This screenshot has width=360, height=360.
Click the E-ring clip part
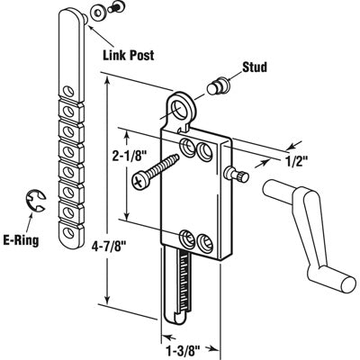click(35, 200)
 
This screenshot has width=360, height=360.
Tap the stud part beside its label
click(216, 87)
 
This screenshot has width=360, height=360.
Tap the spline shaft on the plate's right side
click(239, 174)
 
